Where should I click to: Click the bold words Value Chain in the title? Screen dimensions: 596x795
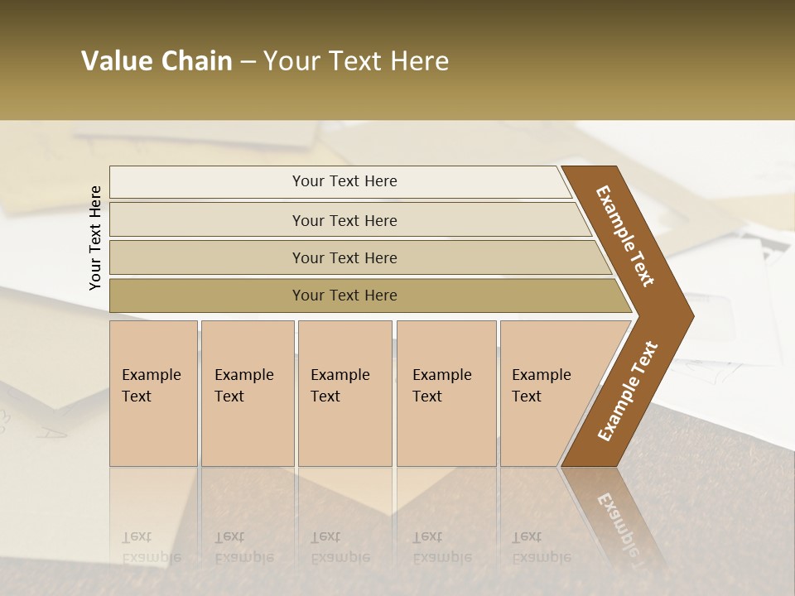pos(157,61)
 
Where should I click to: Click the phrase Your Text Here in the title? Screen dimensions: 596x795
pos(356,61)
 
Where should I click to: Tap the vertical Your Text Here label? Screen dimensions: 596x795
pos(95,238)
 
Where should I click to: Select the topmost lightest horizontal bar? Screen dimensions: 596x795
pos(207,182)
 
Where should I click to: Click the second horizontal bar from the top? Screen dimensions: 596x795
pos(207,220)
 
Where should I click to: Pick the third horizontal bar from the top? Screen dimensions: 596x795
pos(207,257)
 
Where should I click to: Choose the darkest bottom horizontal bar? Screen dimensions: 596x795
pos(207,296)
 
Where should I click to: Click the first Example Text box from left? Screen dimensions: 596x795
pos(153,393)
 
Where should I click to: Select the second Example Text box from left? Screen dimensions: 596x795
pos(247,393)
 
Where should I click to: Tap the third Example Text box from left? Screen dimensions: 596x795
pos(344,393)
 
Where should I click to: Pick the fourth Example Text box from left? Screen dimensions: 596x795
pos(446,393)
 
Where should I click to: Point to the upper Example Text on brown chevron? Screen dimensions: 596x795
pos(625,236)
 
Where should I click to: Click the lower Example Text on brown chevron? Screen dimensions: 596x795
pos(628,392)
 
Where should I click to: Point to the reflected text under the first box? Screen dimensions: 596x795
pos(151,547)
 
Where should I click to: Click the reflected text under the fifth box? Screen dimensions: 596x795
pos(541,547)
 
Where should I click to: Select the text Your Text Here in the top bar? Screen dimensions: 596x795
pos(344,181)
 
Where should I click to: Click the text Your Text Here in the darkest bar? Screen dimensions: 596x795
pos(344,296)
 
